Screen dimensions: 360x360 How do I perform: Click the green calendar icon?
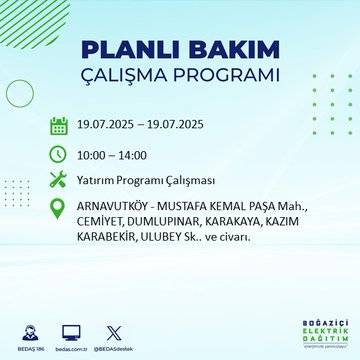point(59,126)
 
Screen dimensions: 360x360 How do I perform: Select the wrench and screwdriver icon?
point(59,180)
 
